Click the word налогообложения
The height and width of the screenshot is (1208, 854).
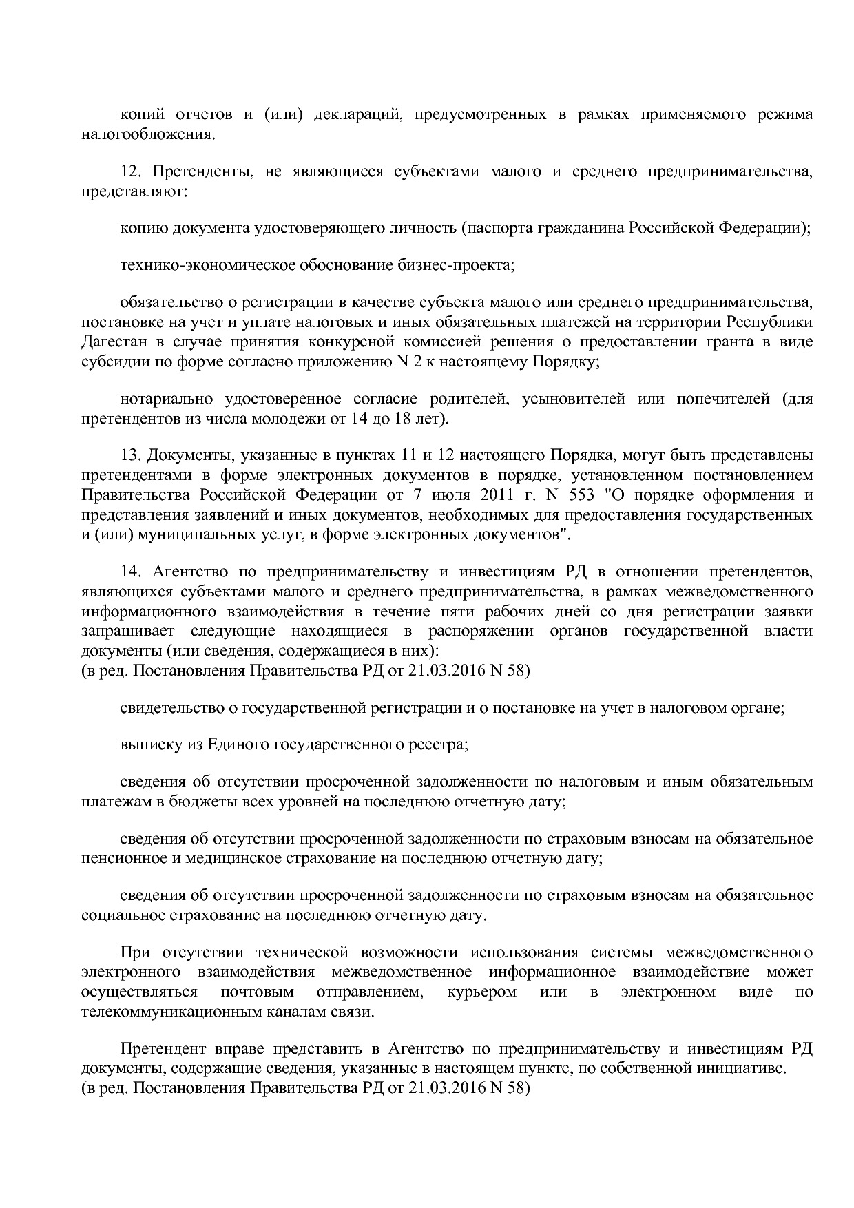coord(147,134)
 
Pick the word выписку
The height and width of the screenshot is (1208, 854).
coord(147,744)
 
